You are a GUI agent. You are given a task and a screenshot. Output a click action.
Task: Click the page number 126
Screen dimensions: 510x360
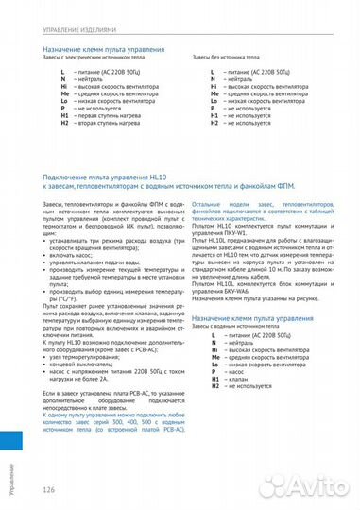[x=49, y=489]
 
